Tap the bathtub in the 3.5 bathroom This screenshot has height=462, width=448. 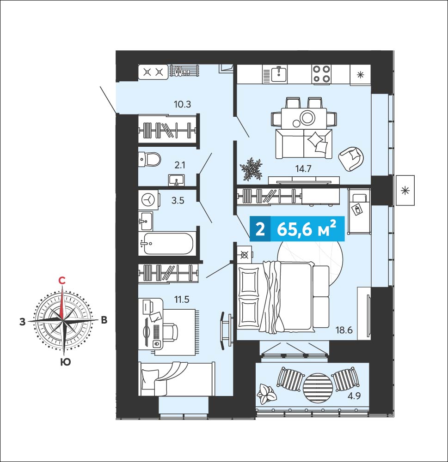tap(168, 243)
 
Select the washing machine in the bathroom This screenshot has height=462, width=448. tap(148, 200)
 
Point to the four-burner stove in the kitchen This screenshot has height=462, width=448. tap(321, 74)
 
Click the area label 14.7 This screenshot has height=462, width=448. tap(303, 169)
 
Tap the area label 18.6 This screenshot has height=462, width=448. tap(344, 330)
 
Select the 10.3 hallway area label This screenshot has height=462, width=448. tap(182, 104)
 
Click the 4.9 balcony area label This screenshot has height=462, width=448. tap(354, 396)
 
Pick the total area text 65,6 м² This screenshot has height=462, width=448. tap(307, 229)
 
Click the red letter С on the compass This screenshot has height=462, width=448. tap(61, 281)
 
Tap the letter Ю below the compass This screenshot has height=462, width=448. tap(65, 362)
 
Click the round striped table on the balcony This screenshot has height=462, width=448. tap(318, 387)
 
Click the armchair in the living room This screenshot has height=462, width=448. tap(351, 158)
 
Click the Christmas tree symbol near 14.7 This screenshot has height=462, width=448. tap(251, 169)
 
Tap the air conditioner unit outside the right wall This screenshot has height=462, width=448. tap(405, 190)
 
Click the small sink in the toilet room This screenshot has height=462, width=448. tap(177, 180)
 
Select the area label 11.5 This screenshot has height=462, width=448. tap(182, 300)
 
